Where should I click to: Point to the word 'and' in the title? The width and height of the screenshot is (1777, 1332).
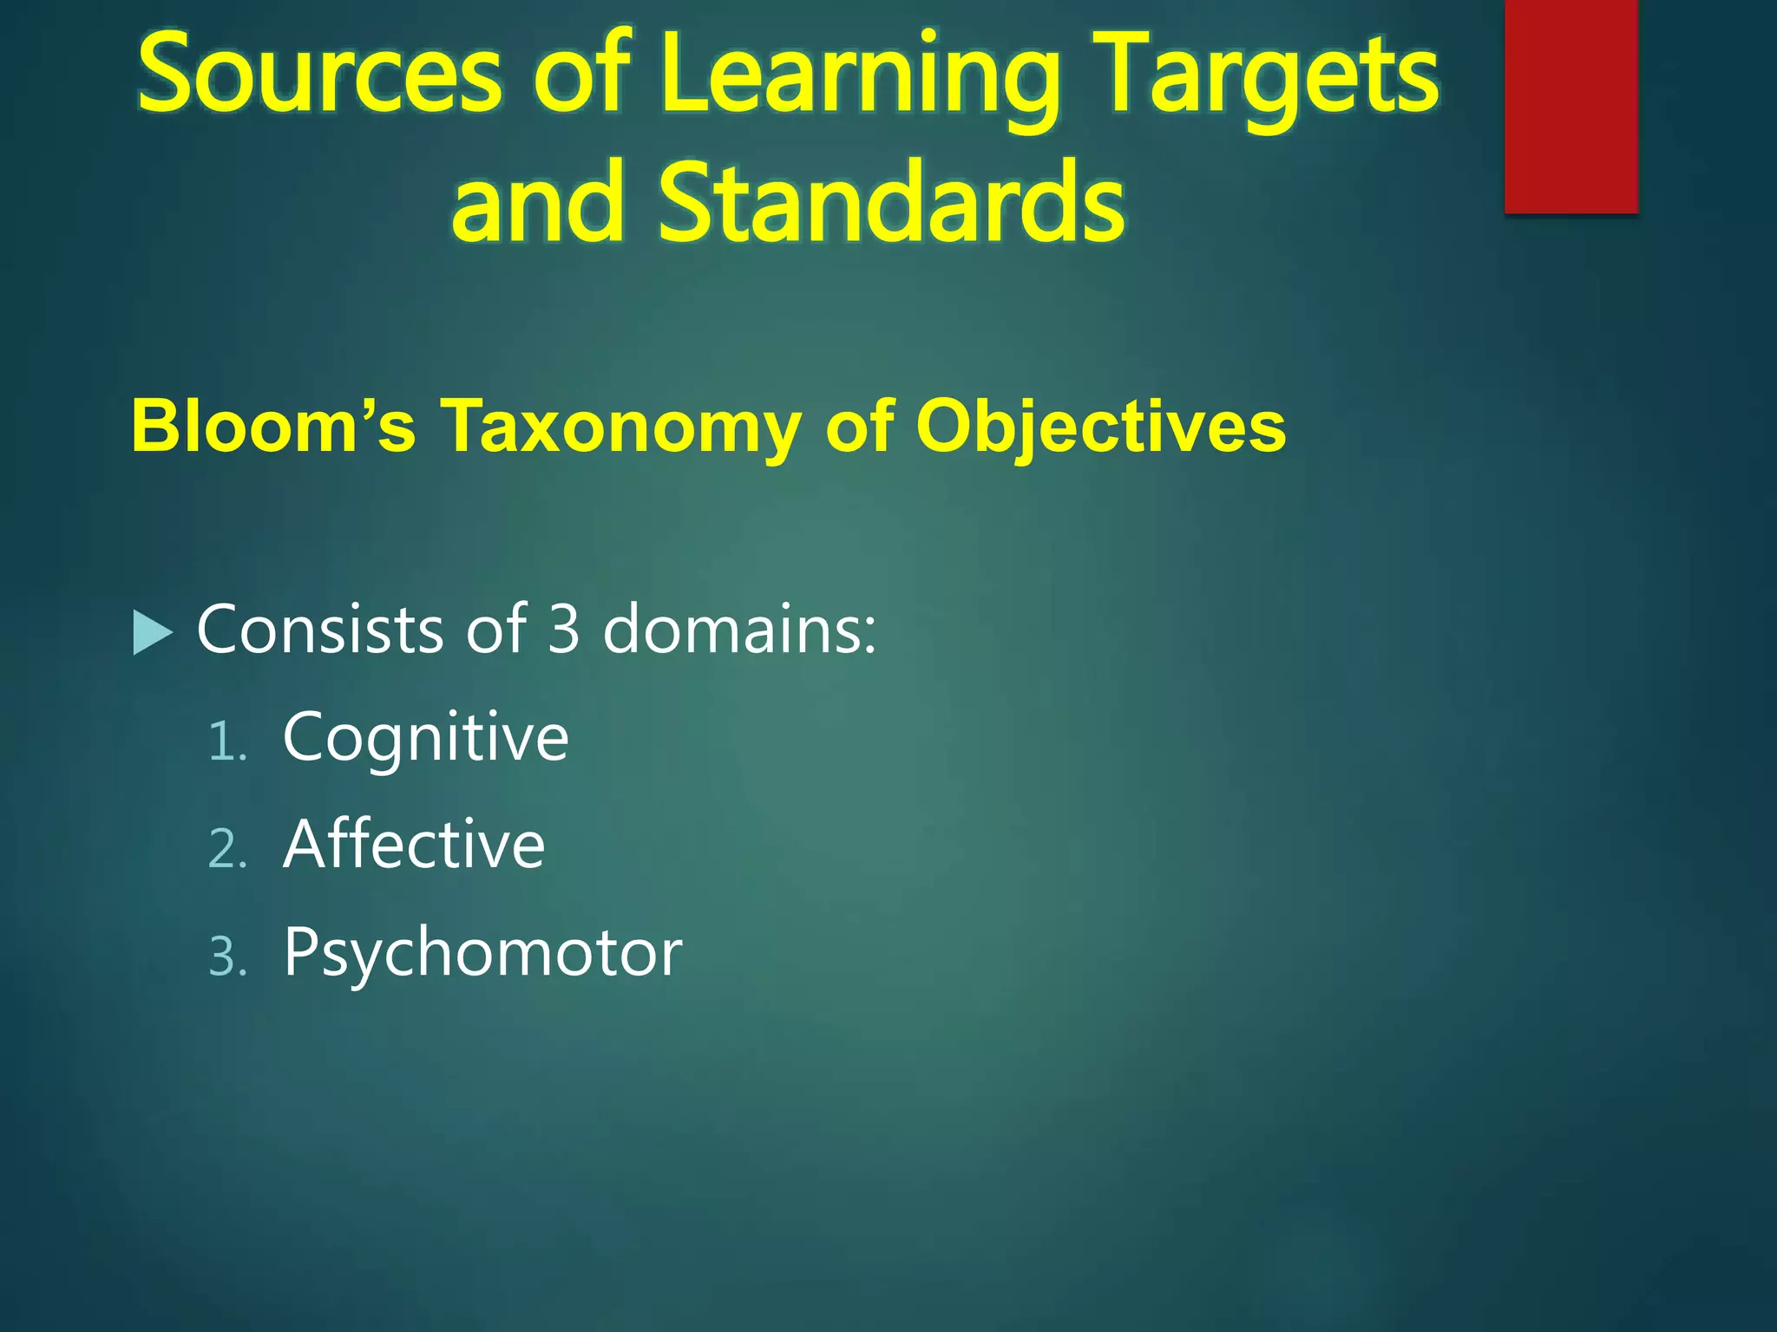tap(538, 204)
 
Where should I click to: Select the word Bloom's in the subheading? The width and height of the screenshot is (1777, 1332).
tap(273, 426)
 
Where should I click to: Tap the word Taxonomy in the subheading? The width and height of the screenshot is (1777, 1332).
tap(621, 428)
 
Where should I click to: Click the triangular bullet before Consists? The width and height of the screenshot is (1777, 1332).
tap(153, 632)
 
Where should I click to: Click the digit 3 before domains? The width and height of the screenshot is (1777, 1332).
tap(563, 629)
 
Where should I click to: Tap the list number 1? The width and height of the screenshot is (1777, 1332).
tap(227, 742)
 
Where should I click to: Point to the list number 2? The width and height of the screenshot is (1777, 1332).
tap(227, 849)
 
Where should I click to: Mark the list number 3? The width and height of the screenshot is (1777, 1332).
tap(227, 957)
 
